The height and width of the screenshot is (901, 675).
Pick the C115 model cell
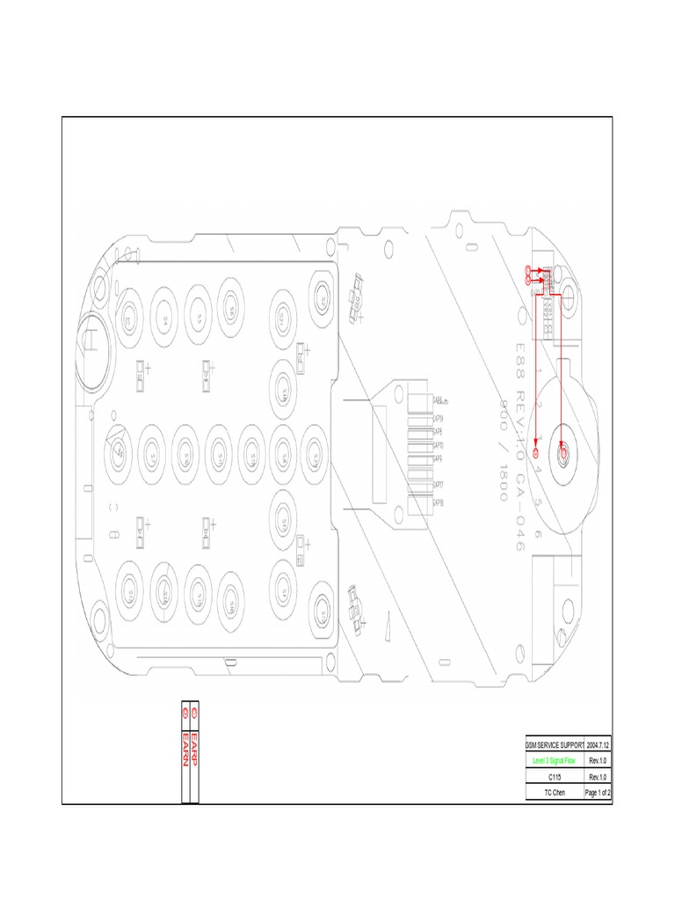(554, 777)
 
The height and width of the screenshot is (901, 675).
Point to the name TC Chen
(554, 793)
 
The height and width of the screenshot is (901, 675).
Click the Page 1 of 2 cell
(598, 793)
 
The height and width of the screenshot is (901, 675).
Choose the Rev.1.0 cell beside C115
(598, 777)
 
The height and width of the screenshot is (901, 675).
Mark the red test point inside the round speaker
(563, 450)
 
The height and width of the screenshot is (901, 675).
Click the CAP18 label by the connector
(437, 502)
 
